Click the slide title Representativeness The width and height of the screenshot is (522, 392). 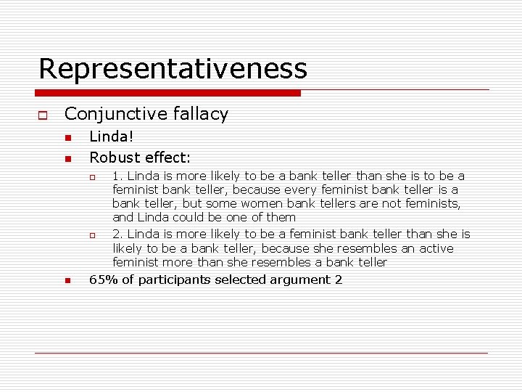pyautogui.click(x=173, y=69)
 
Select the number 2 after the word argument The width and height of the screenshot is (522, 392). pyautogui.click(x=339, y=280)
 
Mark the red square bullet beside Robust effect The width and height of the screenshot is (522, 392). pyautogui.click(x=67, y=158)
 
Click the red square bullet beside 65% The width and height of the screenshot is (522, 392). pyautogui.click(x=67, y=281)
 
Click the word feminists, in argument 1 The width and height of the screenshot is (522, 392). pyautogui.click(x=431, y=203)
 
